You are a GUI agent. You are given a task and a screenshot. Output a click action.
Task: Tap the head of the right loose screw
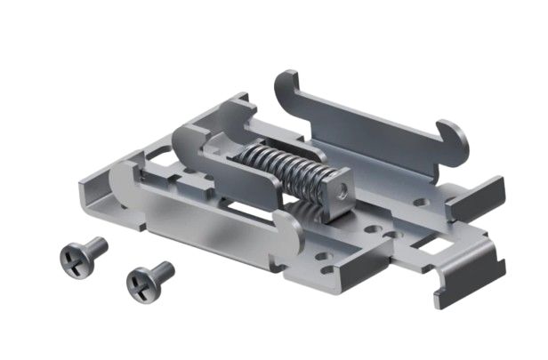coord(140,283)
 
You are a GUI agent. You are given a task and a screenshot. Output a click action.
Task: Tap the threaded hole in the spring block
coord(339,188)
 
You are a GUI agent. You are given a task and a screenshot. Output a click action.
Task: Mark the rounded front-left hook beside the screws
coord(124,183)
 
